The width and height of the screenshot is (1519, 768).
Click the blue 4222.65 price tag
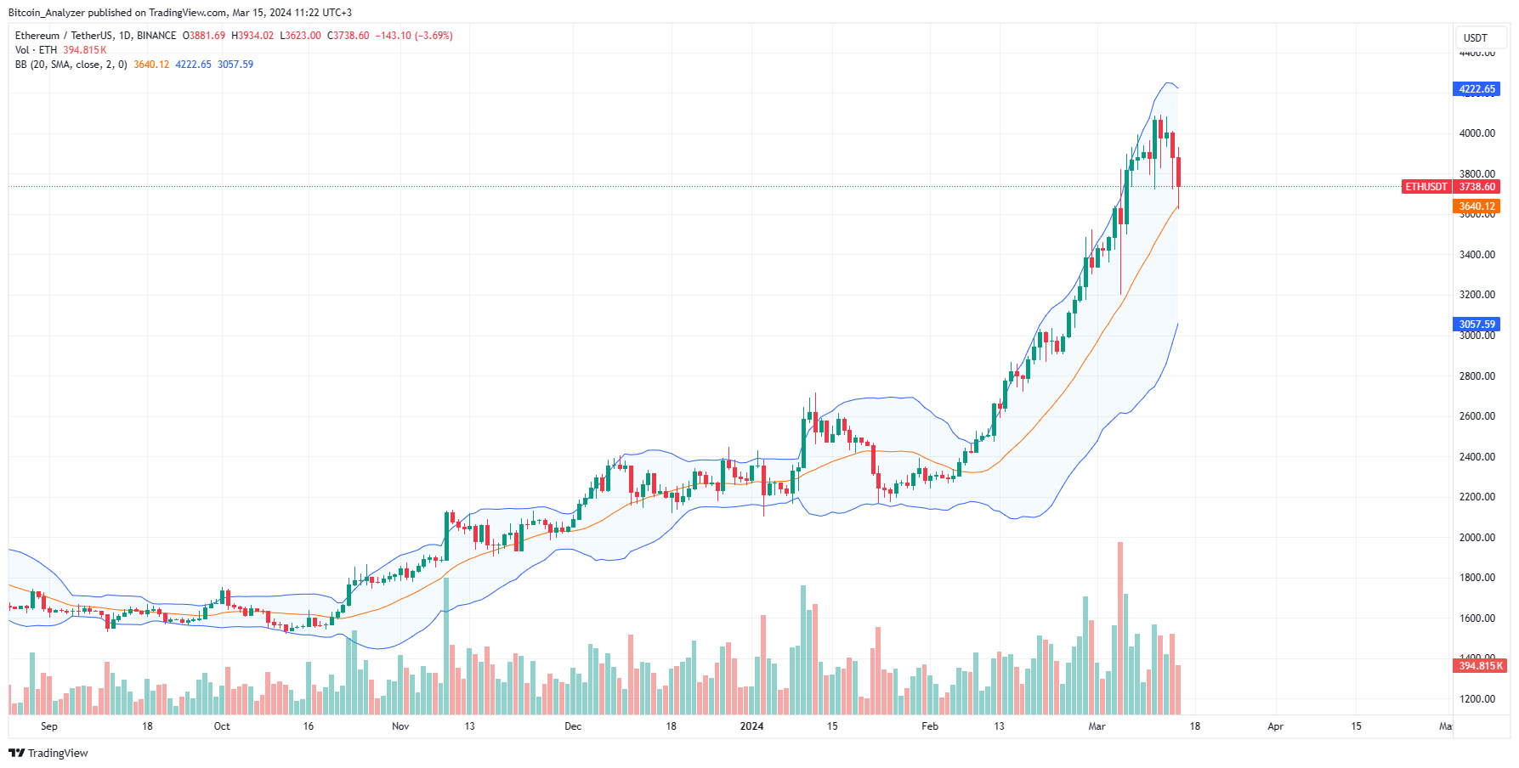tap(1476, 89)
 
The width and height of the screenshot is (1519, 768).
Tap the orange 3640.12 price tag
tap(1476, 206)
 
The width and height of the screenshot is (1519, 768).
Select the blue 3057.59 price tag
tap(1476, 325)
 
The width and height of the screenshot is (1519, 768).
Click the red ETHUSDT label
tap(1425, 187)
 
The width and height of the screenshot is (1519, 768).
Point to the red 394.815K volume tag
tap(1480, 666)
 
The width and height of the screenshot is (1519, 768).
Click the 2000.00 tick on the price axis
tap(1476, 538)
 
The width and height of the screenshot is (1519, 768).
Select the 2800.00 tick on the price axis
tap(1476, 376)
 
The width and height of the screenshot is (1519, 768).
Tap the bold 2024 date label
tap(751, 726)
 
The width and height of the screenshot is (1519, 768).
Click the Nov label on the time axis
tap(400, 726)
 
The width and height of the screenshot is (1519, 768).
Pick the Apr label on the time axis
tap(1275, 726)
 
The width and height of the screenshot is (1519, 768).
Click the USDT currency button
tap(1476, 38)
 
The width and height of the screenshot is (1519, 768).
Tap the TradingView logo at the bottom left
tap(48, 754)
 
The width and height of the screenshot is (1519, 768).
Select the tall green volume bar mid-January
tap(803, 650)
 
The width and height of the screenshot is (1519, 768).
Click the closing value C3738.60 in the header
tap(348, 36)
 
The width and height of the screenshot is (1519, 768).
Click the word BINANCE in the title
tap(156, 36)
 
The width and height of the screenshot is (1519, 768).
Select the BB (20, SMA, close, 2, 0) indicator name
tap(71, 65)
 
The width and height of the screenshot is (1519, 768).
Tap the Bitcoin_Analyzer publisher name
tap(46, 13)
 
